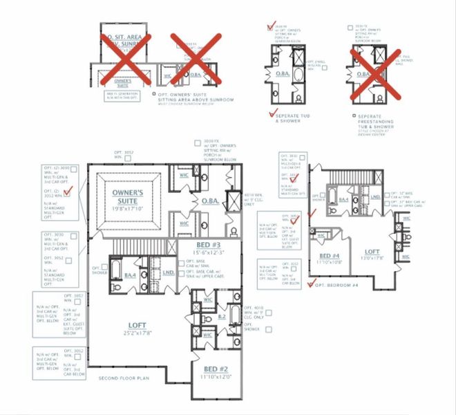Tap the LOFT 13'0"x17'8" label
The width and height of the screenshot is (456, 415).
[372, 255]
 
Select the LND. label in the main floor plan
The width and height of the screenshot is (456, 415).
[168, 273]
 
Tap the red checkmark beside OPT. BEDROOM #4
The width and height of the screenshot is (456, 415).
[311, 283]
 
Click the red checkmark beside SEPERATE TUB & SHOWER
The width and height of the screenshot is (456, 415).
[271, 113]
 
